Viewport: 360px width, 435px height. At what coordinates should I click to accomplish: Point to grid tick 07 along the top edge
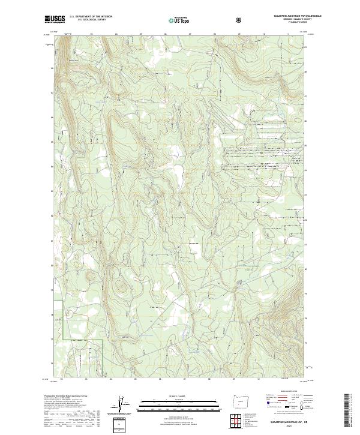[190, 35]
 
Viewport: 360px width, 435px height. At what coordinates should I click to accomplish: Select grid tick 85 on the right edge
[306, 145]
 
